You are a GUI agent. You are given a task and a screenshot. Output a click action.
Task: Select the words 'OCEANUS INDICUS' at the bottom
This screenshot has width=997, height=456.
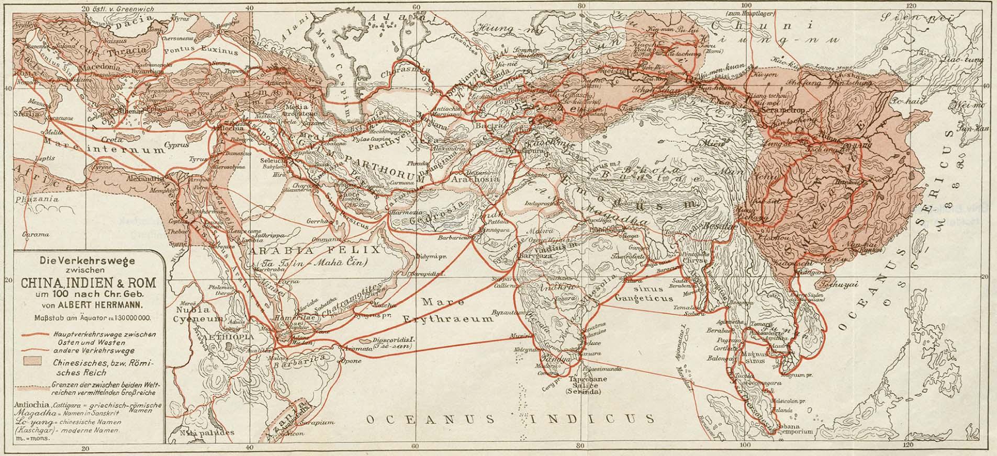(x=510, y=419)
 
